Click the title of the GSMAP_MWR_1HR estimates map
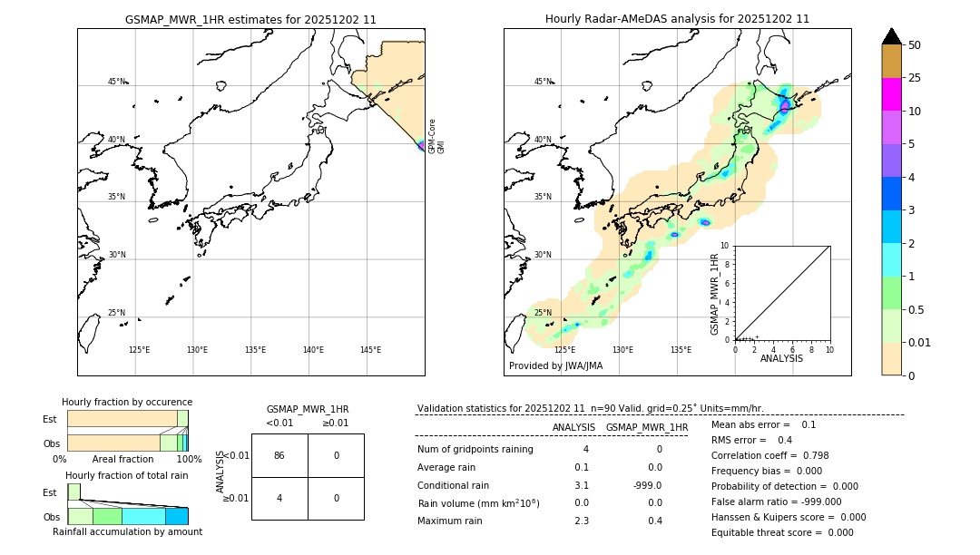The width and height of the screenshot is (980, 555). (x=250, y=19)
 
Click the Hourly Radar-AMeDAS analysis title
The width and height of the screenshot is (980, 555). (x=677, y=19)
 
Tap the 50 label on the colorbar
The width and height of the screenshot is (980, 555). (x=915, y=45)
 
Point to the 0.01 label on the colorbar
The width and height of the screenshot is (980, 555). (x=920, y=342)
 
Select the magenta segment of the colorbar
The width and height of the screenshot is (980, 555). (x=891, y=94)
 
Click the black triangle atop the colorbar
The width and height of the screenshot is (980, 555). (x=891, y=36)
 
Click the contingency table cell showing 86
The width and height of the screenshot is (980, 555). (x=279, y=455)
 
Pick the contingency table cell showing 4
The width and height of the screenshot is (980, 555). (x=279, y=498)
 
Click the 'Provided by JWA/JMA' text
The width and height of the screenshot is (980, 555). (x=555, y=365)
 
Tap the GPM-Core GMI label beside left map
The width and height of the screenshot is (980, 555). (x=436, y=136)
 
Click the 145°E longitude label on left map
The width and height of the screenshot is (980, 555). (x=370, y=350)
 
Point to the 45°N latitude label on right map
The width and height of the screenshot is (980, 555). (x=543, y=82)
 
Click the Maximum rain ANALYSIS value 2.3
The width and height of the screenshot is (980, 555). (x=582, y=521)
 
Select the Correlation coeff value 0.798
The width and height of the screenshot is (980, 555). (x=809, y=455)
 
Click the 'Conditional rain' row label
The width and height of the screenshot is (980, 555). (x=453, y=485)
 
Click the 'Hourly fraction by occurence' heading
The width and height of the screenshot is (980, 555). (x=127, y=402)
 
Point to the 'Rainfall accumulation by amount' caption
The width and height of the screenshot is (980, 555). (x=127, y=531)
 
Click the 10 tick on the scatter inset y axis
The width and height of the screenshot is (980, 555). (x=724, y=246)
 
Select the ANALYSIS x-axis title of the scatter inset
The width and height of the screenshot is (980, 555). (x=781, y=358)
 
